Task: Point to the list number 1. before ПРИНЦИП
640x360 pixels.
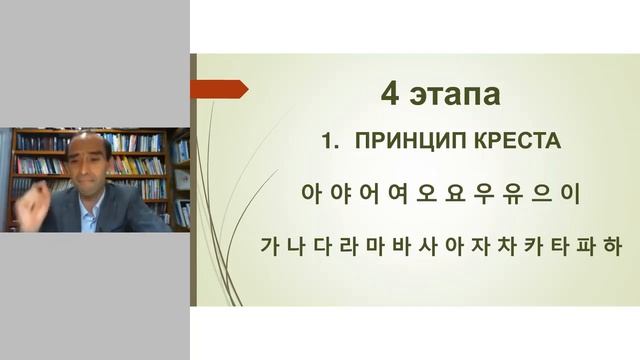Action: pos(330,143)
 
